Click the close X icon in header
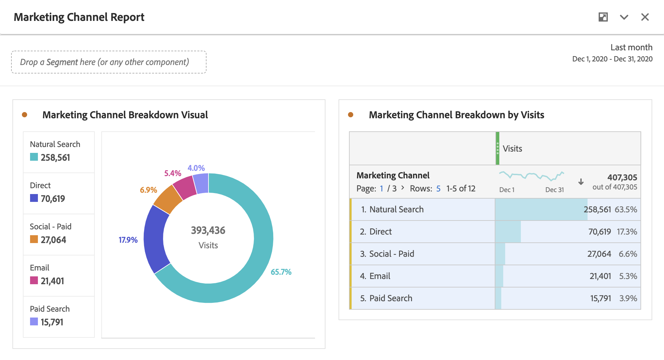(x=645, y=17)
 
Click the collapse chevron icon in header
(x=624, y=17)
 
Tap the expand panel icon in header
(x=603, y=17)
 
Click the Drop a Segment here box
(x=109, y=62)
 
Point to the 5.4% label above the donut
(x=173, y=173)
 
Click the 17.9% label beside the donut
(x=128, y=240)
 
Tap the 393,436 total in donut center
(x=208, y=231)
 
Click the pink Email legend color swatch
(x=34, y=280)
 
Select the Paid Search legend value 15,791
(x=52, y=322)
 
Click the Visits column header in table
(x=512, y=149)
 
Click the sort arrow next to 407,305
(x=581, y=182)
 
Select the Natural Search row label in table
(x=396, y=209)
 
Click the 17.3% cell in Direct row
(x=627, y=232)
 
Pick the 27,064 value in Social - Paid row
(x=599, y=254)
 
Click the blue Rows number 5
(x=438, y=188)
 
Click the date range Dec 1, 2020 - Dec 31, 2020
(x=612, y=59)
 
